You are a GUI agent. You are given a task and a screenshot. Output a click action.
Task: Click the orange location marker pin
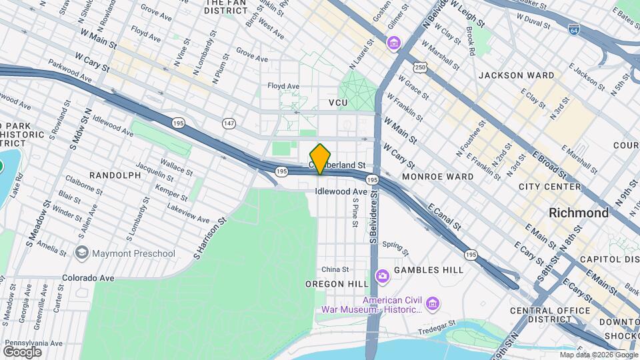coord(321,159)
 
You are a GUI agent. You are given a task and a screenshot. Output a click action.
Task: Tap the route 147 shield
coord(229,123)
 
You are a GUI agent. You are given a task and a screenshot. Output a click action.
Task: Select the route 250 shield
coord(419,67)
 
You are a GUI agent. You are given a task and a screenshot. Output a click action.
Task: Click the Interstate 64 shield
coord(574,30)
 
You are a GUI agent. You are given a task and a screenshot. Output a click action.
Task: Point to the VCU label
coord(338,103)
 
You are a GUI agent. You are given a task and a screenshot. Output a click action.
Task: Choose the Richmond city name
coord(578,213)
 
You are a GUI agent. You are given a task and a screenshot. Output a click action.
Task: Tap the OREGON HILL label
coord(333,284)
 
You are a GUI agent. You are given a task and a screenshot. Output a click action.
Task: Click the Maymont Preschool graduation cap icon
coord(81,253)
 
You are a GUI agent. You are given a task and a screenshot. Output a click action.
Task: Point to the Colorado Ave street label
coord(88,277)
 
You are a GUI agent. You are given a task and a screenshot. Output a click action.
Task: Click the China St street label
coord(335,269)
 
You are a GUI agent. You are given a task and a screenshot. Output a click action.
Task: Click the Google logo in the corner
coord(22,351)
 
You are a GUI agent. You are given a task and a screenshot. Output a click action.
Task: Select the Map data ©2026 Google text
coord(599,355)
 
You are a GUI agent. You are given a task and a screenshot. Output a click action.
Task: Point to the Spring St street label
coord(395,247)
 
